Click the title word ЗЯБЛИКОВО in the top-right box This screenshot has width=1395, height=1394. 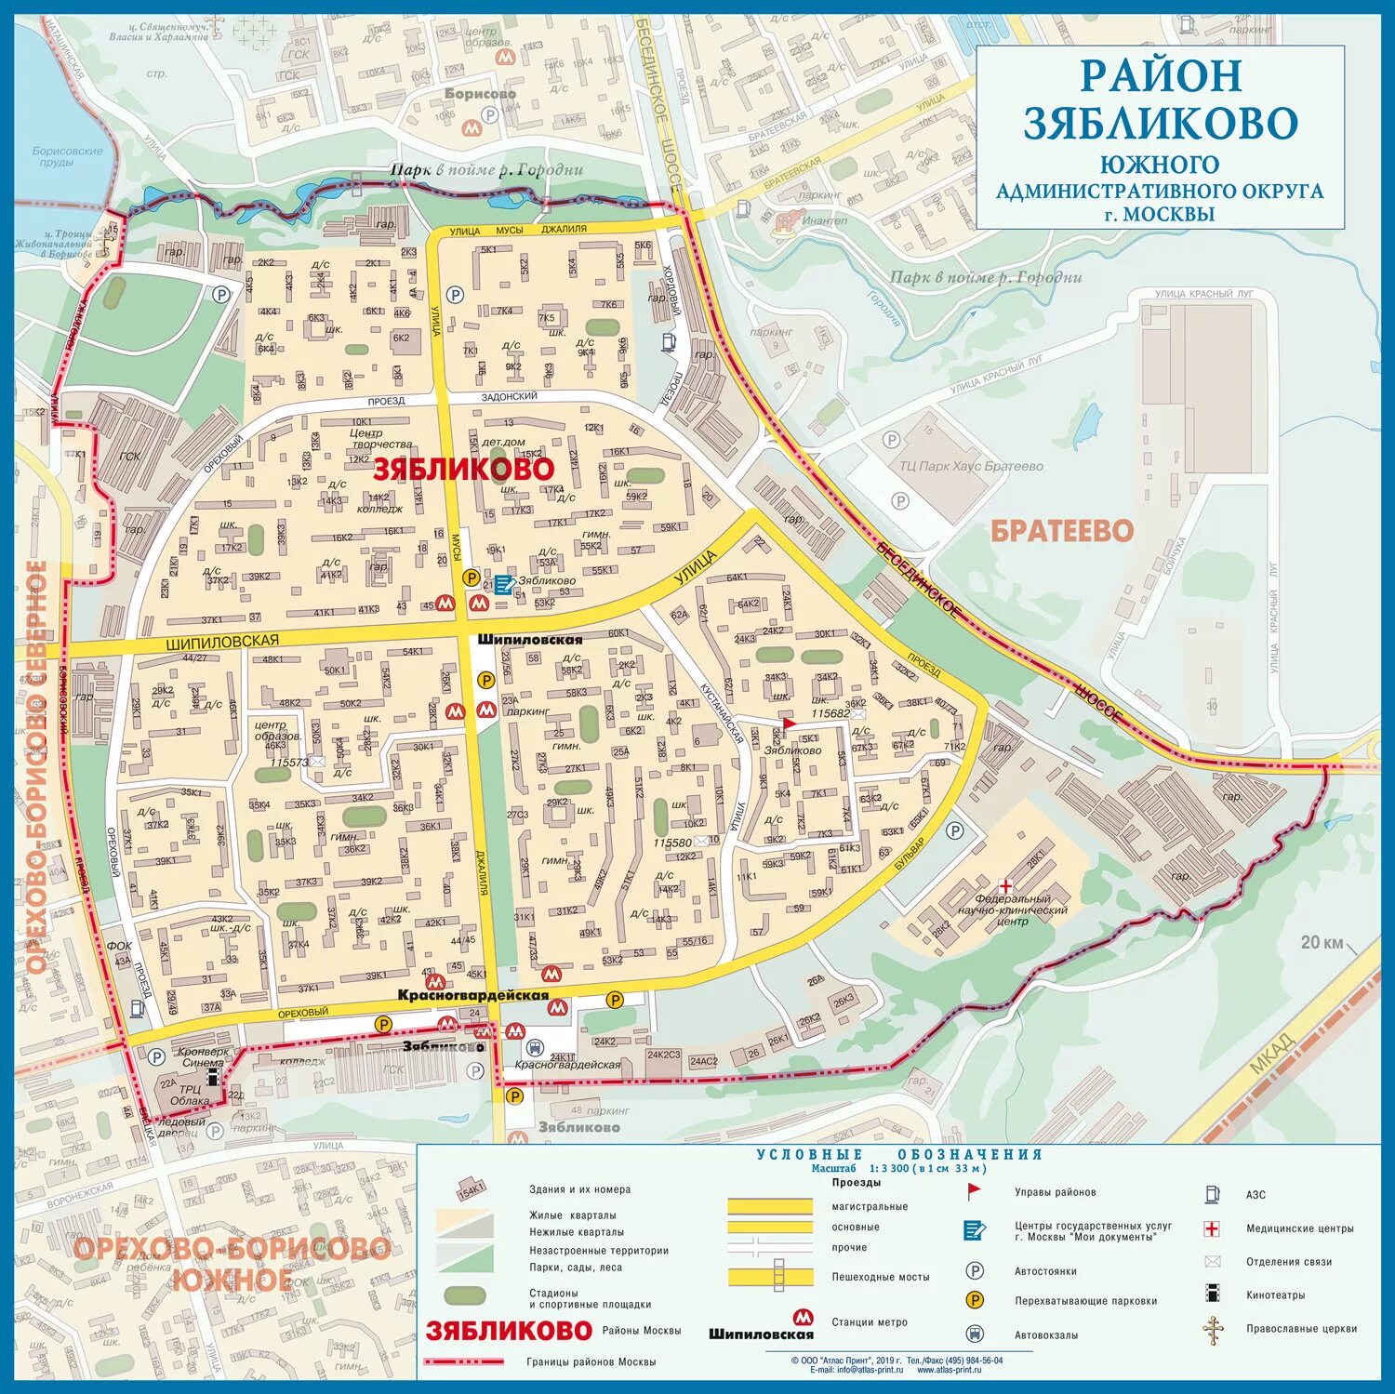click(1160, 124)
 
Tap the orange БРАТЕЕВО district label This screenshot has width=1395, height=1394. click(1061, 531)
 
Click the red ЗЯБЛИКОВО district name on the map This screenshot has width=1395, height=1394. click(463, 470)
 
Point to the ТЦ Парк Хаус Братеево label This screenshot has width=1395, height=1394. click(971, 466)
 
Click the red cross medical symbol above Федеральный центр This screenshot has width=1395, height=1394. click(1004, 885)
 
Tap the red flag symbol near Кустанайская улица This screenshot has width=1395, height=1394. click(789, 724)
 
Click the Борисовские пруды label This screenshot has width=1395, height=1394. click(66, 156)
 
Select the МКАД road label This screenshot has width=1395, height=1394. click(1270, 1052)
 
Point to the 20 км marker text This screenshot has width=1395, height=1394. click(1321, 943)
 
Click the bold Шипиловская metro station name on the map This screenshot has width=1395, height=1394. click(530, 640)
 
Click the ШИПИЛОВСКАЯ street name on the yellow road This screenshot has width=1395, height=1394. click(222, 642)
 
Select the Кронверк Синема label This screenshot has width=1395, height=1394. click(202, 1057)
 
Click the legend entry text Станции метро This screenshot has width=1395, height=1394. click(869, 1322)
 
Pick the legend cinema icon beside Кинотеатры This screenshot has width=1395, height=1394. click(1212, 1293)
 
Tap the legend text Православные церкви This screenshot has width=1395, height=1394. click(1301, 1329)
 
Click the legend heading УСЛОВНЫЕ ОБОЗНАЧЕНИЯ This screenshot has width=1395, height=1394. click(898, 1154)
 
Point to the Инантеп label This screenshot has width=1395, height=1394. click(824, 220)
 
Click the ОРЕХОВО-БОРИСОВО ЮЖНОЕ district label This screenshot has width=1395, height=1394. click(231, 1263)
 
